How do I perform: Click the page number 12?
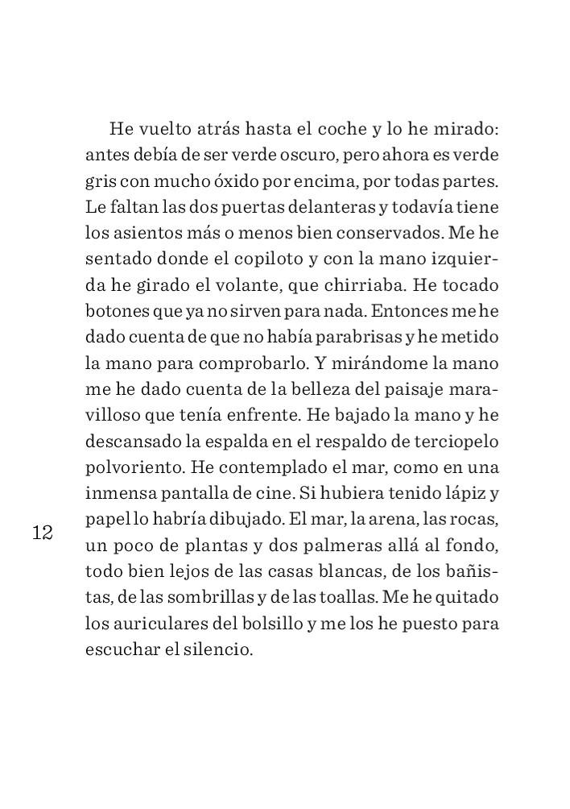[x=43, y=533]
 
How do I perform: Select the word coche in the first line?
[x=341, y=129]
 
